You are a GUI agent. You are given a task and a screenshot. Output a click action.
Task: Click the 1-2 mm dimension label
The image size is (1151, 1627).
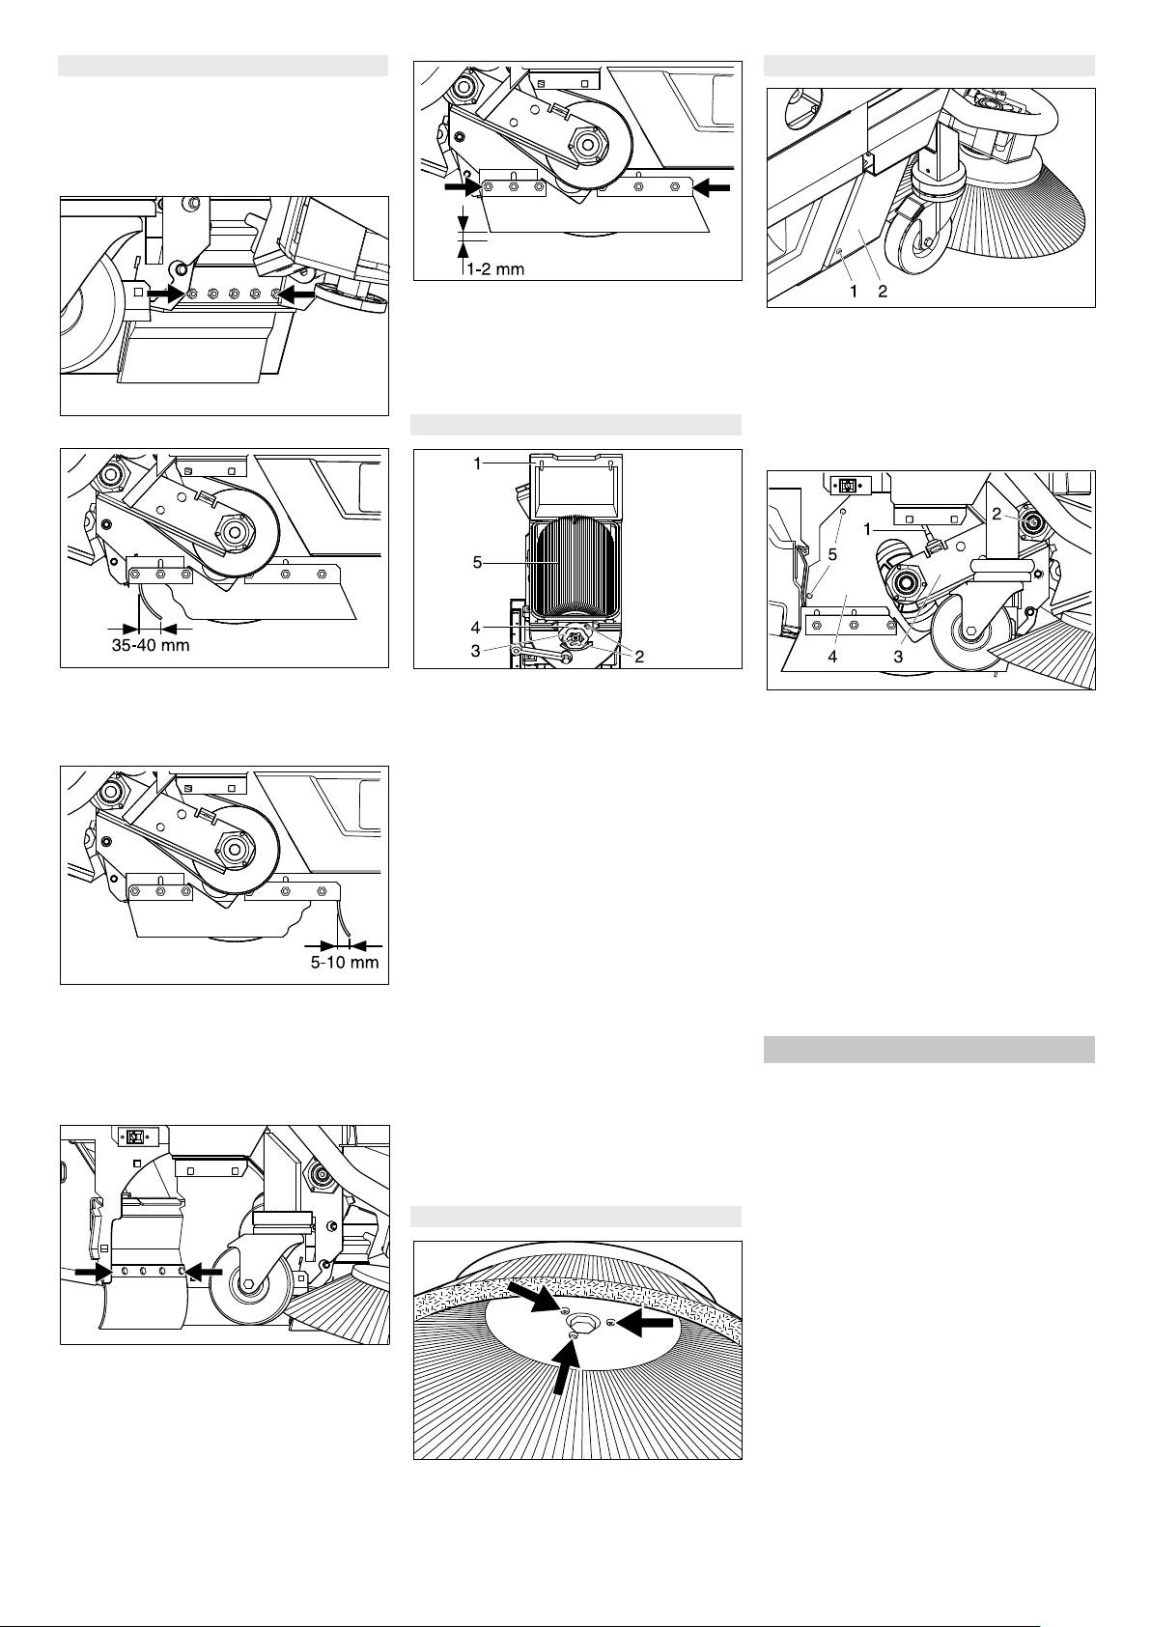pos(495,268)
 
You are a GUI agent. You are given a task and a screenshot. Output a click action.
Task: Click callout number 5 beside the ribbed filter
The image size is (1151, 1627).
pos(477,562)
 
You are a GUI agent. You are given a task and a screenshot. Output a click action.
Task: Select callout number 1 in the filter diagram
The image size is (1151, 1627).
pos(477,463)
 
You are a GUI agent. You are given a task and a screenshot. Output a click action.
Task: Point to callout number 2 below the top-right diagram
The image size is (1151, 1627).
pos(882,292)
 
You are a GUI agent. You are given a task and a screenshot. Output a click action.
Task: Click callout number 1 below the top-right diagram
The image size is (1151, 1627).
pos(853,292)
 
